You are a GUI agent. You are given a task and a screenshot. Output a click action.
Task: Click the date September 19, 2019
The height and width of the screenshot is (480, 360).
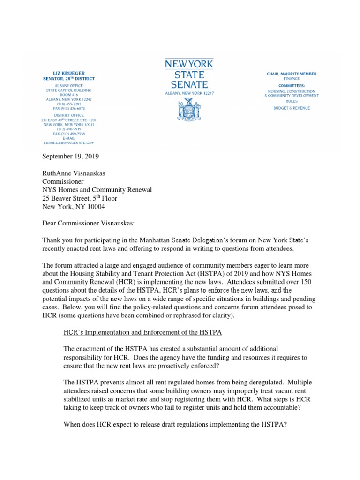[71, 156]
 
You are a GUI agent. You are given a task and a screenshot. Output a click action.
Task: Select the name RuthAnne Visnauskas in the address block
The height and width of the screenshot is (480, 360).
[74, 173]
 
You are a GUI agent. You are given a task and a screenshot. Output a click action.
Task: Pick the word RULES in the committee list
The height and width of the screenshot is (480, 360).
[291, 101]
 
